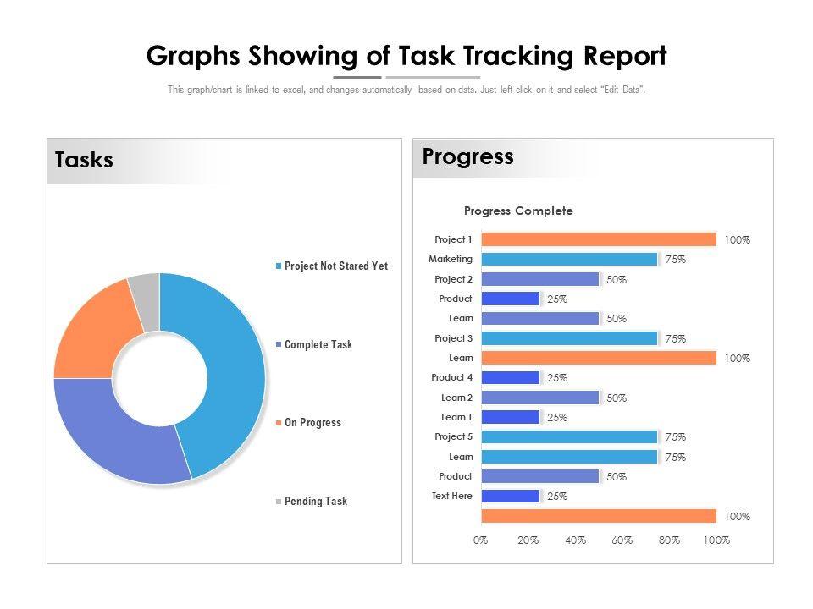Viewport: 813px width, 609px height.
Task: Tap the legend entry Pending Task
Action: point(315,502)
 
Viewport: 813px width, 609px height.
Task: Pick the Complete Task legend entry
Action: point(318,345)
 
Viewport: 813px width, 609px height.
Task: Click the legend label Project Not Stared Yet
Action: point(335,266)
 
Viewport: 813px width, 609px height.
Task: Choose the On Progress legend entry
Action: point(312,423)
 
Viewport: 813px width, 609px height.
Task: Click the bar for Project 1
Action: point(598,239)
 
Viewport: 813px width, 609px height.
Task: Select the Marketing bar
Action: point(568,260)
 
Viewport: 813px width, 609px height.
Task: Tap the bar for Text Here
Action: point(510,497)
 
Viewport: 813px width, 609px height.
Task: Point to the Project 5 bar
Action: point(568,437)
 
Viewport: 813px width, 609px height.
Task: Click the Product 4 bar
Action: point(510,378)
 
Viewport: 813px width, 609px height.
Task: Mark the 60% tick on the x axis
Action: point(622,540)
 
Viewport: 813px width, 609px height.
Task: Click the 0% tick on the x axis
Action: point(480,540)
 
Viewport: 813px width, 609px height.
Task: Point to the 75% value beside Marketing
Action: point(675,260)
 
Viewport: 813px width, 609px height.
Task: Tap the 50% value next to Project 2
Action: point(616,279)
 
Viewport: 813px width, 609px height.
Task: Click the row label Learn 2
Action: point(456,398)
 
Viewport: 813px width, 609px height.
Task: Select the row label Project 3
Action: point(453,338)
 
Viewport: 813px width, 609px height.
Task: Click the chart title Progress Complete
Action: point(518,211)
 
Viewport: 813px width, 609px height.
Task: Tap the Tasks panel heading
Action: point(84,161)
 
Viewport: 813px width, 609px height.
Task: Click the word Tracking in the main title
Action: point(523,57)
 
